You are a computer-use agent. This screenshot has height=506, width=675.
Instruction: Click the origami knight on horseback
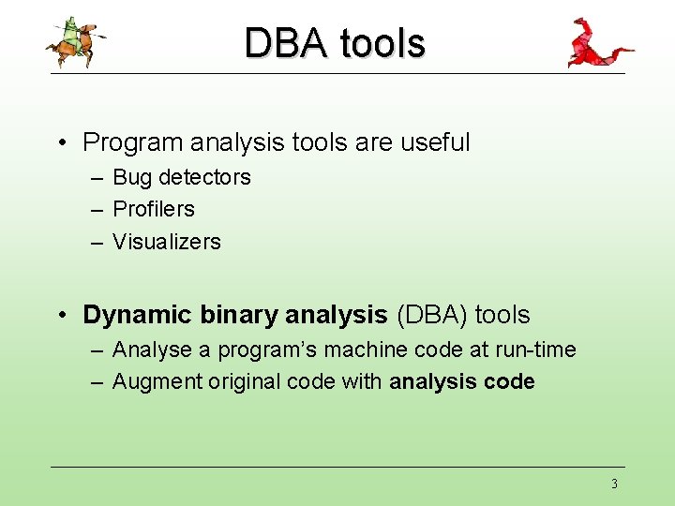pos(76,42)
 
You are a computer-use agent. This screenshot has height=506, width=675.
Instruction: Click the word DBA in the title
pos(286,42)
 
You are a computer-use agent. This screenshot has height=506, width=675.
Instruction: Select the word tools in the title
pos(382,42)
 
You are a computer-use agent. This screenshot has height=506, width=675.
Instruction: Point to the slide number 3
pos(614,484)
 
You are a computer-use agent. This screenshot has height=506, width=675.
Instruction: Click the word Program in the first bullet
pos(132,142)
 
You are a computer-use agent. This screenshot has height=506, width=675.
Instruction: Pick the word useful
pos(435,141)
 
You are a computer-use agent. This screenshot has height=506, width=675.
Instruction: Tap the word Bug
pos(132,178)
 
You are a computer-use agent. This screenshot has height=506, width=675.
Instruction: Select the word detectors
pos(205,177)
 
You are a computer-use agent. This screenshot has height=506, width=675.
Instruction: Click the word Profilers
pos(154,209)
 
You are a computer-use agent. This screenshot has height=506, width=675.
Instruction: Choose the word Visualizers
pos(167,242)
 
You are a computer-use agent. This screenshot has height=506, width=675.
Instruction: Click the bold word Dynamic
pos(137,316)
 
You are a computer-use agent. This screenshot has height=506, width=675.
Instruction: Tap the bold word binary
pos(238,316)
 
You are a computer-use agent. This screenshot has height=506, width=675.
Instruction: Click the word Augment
pos(157,382)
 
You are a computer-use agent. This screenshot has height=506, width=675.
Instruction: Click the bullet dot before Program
pos(63,142)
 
